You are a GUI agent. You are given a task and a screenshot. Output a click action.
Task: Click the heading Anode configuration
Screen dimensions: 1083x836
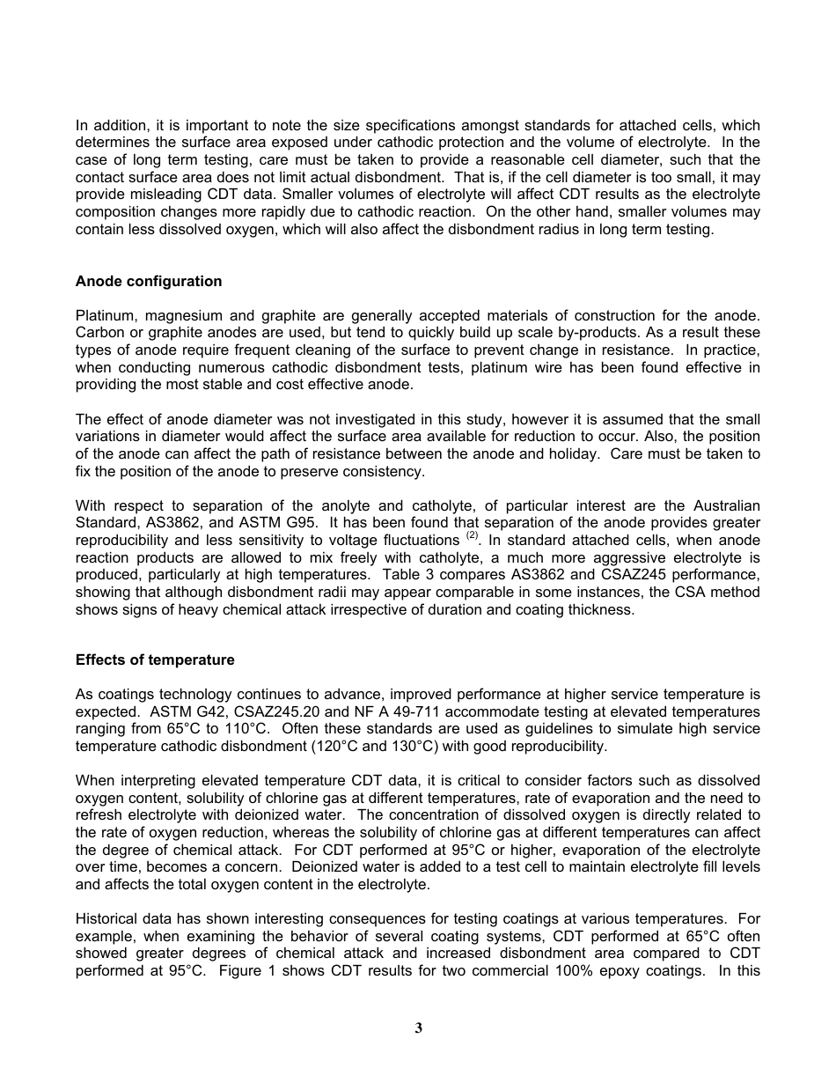tap(149, 282)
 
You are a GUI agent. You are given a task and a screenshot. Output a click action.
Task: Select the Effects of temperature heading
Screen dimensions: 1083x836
tap(155, 660)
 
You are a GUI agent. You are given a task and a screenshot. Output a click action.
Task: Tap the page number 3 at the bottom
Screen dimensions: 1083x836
tap(418, 1028)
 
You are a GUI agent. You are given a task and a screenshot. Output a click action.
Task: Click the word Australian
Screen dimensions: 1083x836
tap(720, 505)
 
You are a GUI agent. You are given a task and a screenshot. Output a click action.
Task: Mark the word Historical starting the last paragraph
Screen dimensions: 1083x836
tap(107, 920)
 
